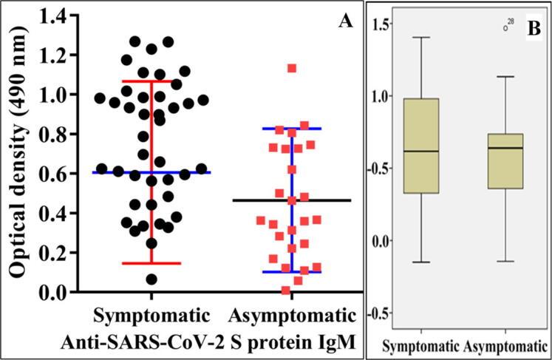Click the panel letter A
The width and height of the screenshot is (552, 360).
[x=344, y=21]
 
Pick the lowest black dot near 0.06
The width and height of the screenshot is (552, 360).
[x=151, y=279]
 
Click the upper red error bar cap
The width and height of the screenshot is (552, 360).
[x=152, y=81]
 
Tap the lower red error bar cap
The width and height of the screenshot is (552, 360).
[x=152, y=263]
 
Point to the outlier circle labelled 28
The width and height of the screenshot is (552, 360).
[x=506, y=28]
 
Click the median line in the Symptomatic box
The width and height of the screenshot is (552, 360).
[x=421, y=151]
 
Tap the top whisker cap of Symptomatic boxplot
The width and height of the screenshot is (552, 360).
[x=421, y=37]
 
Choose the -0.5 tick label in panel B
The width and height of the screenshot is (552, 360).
[x=381, y=313]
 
